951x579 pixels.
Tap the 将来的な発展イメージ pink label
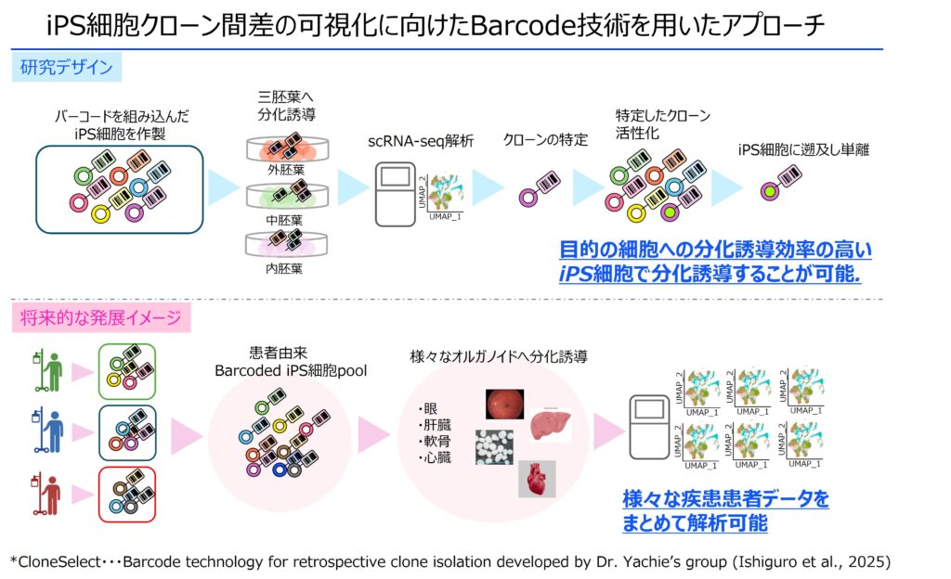click(x=102, y=319)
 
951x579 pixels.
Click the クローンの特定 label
click(x=545, y=141)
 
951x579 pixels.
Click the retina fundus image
click(x=509, y=404)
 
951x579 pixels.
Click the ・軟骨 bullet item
click(x=436, y=441)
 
